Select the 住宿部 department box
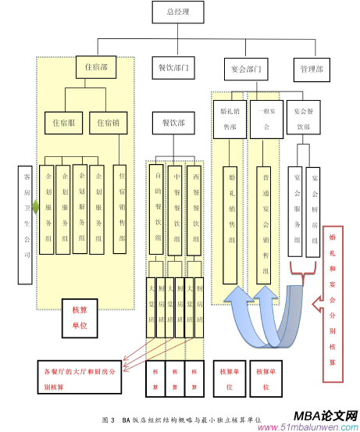96,68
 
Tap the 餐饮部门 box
173,68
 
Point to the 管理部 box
311,69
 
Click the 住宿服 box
62,123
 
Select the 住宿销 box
108,123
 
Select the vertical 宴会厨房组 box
314,212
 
